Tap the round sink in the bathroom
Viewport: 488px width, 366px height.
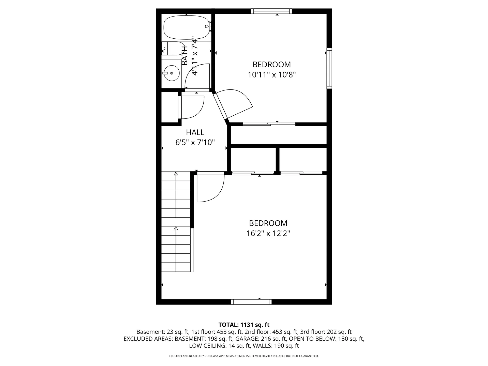[x=171, y=73]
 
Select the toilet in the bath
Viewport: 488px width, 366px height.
[x=173, y=49]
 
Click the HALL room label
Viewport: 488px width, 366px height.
[x=195, y=132]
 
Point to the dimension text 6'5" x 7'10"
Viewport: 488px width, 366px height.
[x=195, y=142]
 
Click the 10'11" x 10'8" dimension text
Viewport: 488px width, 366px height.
[x=272, y=75]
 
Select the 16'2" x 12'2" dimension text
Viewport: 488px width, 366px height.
[x=268, y=233]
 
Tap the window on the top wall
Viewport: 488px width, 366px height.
[x=271, y=11]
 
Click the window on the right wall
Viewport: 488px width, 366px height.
[x=329, y=68]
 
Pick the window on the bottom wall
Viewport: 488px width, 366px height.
[x=251, y=302]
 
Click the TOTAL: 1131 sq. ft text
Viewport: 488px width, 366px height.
[x=244, y=325]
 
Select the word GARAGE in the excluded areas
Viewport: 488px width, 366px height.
[x=245, y=339]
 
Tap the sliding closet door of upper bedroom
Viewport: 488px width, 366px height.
[x=269, y=124]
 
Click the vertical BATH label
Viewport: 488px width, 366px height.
[x=185, y=55]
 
